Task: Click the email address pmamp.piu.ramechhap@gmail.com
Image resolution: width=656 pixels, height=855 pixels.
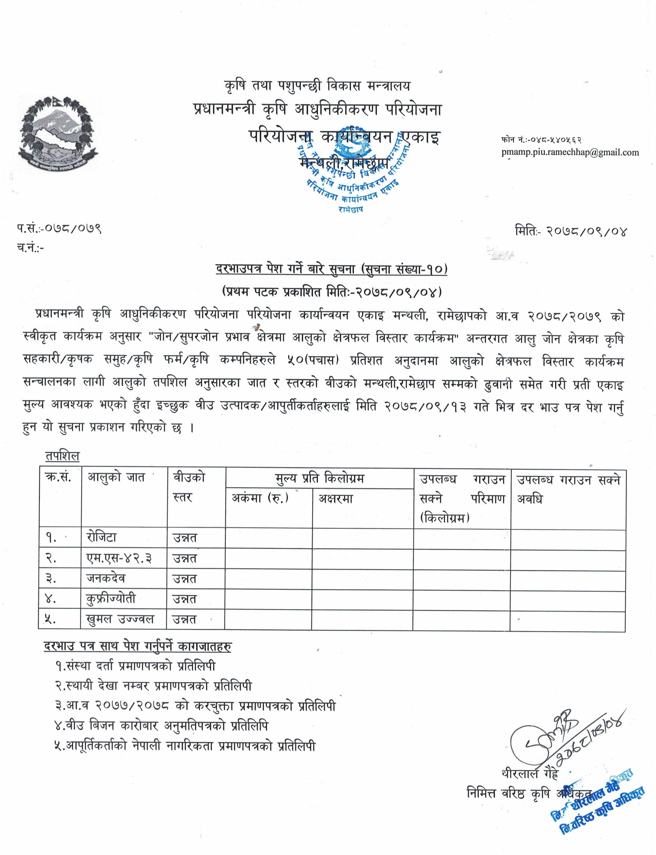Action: [570, 152]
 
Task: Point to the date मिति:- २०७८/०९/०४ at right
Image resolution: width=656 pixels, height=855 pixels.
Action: [571, 231]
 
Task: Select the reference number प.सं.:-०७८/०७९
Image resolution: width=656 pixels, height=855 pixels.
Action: [59, 229]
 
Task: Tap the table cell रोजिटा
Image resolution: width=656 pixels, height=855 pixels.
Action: [102, 537]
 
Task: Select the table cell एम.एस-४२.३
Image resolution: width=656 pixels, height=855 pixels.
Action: [119, 558]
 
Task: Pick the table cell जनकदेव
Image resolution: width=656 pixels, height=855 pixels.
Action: [106, 578]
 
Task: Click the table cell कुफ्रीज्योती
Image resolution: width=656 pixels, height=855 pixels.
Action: [111, 598]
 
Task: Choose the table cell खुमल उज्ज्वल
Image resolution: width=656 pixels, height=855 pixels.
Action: [120, 619]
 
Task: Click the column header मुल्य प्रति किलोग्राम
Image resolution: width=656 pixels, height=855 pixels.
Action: [319, 479]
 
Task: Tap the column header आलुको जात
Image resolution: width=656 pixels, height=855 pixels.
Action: [116, 478]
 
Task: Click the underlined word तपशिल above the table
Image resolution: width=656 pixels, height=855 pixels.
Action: [62, 456]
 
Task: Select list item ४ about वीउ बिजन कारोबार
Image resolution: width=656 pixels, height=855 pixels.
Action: [161, 726]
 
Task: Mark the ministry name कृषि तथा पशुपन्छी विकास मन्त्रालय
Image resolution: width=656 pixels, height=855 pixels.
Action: [317, 86]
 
